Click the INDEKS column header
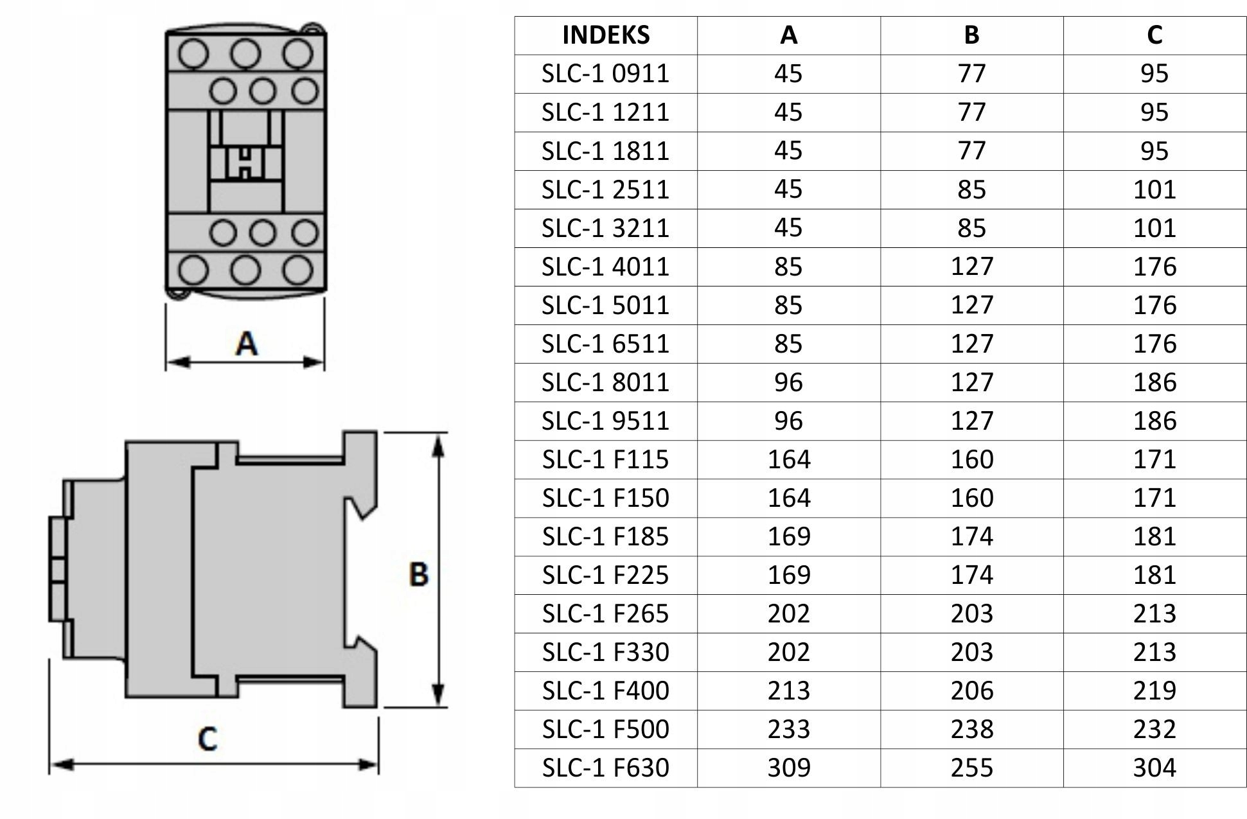pos(606,35)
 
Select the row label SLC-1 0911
pos(606,74)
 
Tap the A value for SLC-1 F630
pos(789,768)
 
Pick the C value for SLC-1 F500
pos(1154,729)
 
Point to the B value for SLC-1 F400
pos(972,691)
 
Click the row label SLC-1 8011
pos(606,382)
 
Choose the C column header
pos(1154,35)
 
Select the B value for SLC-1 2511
pos(972,189)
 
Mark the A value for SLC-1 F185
pos(789,536)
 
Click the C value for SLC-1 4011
pos(1154,267)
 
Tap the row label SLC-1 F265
pos(606,613)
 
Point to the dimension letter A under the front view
pos(247,344)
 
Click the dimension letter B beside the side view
pos(419,574)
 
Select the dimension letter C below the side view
pos(208,739)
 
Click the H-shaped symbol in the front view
pos(245,163)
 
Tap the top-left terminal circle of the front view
pos(193,53)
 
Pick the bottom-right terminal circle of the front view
pos(298,270)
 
